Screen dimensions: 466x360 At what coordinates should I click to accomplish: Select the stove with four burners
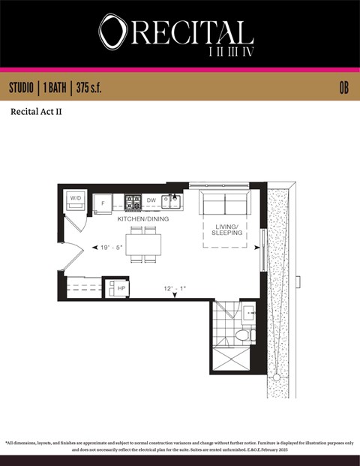(133, 201)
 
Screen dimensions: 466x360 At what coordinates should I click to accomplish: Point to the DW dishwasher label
(151, 200)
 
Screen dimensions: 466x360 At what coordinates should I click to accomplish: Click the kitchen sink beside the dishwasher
(171, 200)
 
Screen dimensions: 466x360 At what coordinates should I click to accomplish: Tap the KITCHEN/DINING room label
(142, 219)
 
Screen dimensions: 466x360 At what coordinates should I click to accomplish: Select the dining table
(142, 245)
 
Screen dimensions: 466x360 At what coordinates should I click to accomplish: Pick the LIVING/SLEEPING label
(226, 230)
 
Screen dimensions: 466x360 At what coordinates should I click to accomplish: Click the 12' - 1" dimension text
(175, 289)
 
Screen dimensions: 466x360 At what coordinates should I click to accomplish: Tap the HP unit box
(121, 287)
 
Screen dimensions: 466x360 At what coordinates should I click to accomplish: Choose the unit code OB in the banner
(343, 88)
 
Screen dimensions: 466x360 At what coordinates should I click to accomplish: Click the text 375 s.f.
(88, 88)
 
